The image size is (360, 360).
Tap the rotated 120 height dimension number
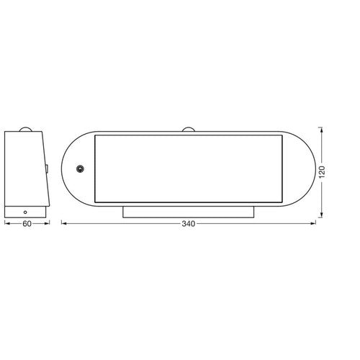click(323, 172)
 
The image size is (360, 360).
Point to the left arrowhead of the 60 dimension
click(6, 224)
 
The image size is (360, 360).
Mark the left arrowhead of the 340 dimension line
click(63, 224)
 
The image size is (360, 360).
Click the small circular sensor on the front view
click(80, 169)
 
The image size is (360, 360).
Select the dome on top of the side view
click(27, 130)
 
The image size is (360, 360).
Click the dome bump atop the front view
click(189, 130)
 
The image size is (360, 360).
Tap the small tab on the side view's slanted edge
click(45, 169)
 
